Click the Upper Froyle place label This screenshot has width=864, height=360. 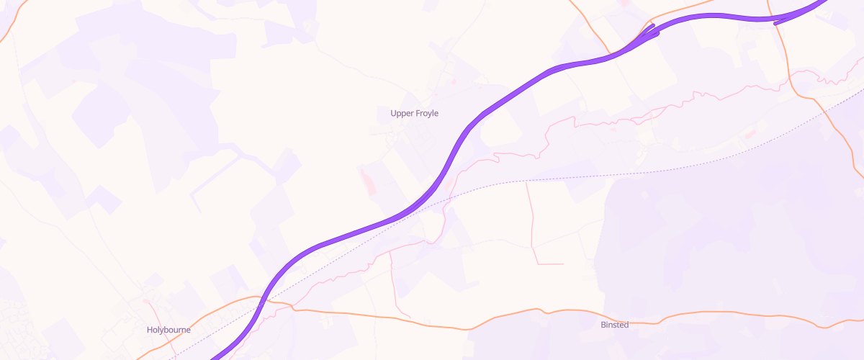click(x=414, y=113)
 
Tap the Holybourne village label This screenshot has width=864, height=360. click(x=168, y=330)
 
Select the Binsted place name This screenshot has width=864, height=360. click(x=614, y=325)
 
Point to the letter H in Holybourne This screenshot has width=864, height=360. click(x=150, y=330)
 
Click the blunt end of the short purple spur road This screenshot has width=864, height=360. click(x=775, y=23)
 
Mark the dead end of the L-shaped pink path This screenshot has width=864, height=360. click(x=562, y=264)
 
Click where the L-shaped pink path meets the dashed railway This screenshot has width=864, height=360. click(x=526, y=181)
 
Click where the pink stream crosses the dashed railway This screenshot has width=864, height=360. click(x=448, y=195)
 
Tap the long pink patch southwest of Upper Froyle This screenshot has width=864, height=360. click(x=366, y=180)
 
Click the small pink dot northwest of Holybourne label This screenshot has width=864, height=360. click(x=145, y=301)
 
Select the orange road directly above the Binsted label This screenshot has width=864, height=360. click(x=614, y=313)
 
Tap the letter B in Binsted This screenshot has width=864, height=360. click(x=603, y=325)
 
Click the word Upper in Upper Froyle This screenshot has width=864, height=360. click(x=401, y=113)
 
